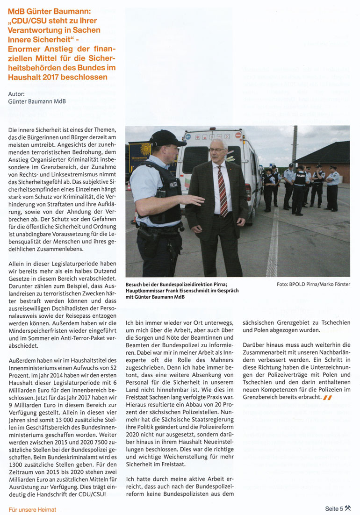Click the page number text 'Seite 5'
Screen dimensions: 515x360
point(334,509)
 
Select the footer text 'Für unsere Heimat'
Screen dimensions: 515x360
point(33,509)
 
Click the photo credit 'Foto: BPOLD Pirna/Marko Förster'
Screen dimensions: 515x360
point(317,284)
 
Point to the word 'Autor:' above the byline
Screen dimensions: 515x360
point(16,93)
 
